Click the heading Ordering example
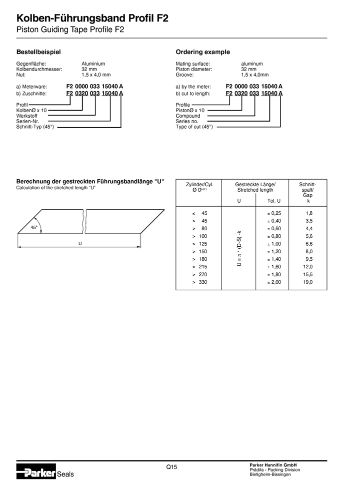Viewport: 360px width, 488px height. (202, 52)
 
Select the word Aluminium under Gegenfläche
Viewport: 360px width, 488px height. (93, 64)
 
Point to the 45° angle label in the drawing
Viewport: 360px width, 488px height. (34, 227)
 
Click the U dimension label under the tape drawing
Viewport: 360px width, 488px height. (79, 243)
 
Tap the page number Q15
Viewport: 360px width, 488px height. (172, 467)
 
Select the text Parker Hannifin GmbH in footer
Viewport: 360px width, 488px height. (273, 465)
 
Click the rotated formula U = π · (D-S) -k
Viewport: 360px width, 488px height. (239, 248)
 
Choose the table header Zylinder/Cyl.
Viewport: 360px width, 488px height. (199, 184)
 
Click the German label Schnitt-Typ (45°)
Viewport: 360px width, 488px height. (35, 127)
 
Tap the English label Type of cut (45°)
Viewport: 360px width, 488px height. (194, 127)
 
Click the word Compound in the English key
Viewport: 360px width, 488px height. (188, 116)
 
